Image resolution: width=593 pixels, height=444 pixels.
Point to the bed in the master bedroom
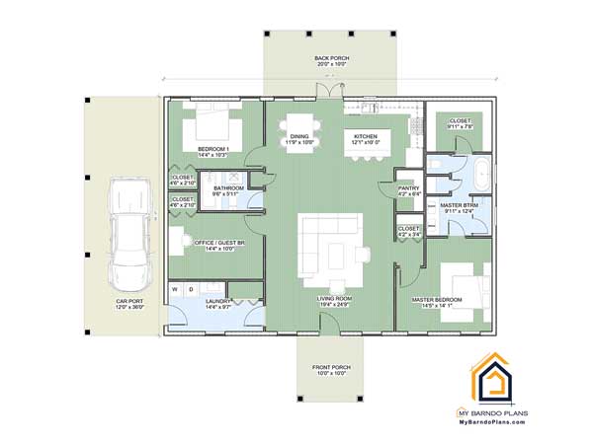[x=463, y=285]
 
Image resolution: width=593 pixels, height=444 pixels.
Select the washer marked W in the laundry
[x=175, y=290]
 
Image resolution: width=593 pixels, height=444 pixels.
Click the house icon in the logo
[x=497, y=376]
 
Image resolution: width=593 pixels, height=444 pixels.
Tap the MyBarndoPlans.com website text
[x=497, y=422]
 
